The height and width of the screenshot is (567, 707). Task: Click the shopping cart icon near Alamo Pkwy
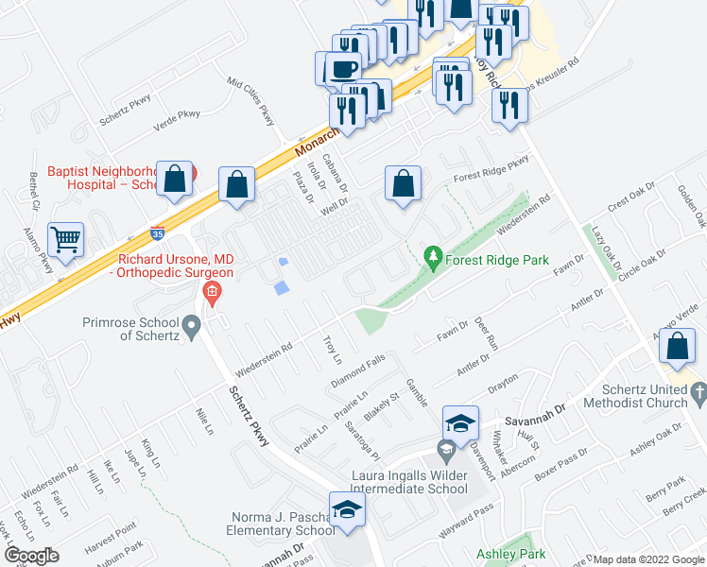click(x=65, y=239)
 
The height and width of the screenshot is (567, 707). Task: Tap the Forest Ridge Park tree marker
click(x=433, y=255)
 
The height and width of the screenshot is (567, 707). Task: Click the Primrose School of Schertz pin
click(x=193, y=329)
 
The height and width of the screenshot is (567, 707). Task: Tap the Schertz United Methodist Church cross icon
click(x=698, y=390)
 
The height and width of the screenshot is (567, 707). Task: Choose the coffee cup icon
click(x=343, y=69)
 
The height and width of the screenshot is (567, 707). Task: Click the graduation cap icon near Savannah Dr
click(x=460, y=422)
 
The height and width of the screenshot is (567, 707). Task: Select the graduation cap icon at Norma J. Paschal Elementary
click(x=347, y=508)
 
